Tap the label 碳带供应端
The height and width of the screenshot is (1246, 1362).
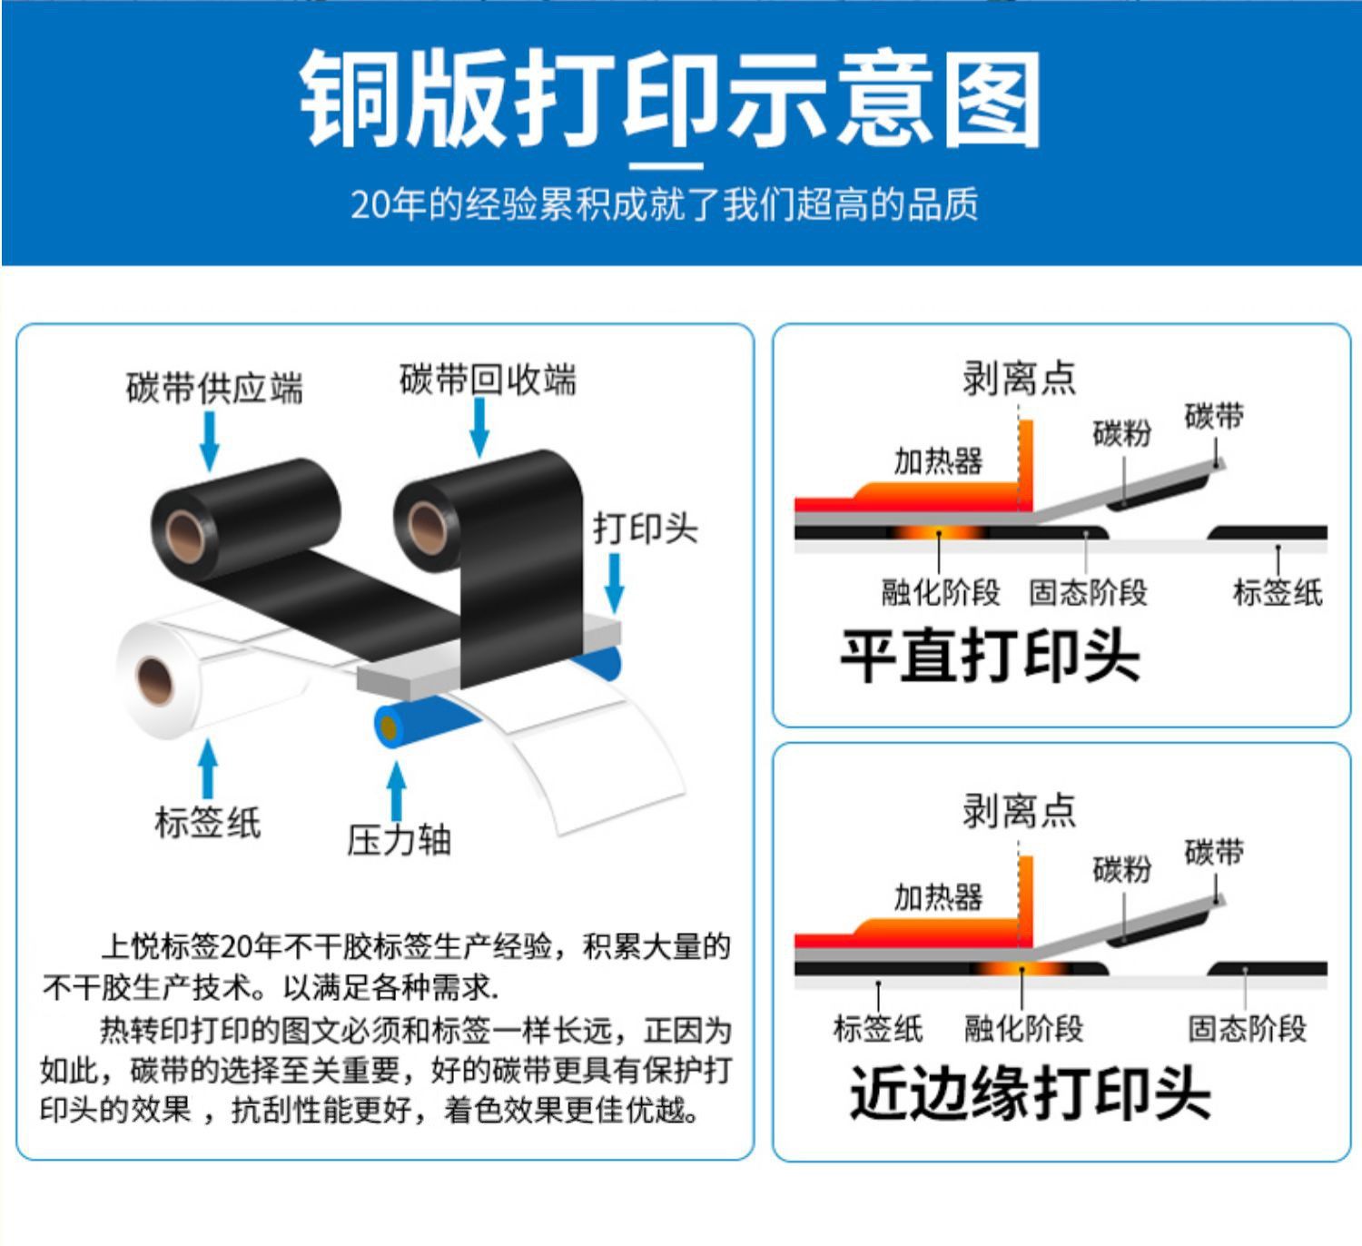click(214, 388)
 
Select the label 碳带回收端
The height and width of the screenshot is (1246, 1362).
click(488, 379)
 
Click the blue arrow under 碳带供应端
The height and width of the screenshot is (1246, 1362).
click(210, 441)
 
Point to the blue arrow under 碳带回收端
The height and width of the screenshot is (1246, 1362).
click(479, 426)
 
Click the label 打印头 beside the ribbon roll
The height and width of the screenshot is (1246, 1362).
click(646, 528)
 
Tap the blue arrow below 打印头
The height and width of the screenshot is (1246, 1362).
click(615, 581)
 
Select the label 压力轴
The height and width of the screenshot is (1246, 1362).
click(399, 839)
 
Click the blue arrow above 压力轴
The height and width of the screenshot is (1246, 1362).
click(396, 791)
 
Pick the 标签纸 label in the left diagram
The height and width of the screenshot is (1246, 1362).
click(208, 822)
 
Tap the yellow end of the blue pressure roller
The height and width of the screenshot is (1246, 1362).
click(390, 727)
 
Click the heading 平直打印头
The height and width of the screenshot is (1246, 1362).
click(989, 655)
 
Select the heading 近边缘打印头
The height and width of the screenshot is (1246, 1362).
click(1030, 1093)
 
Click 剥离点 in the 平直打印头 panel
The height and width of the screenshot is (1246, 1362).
click(1019, 378)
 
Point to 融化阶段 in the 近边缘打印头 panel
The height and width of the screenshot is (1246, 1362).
click(1023, 1029)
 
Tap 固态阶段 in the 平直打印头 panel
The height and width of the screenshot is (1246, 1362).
click(1088, 592)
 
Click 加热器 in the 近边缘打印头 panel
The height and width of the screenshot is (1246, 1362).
click(938, 897)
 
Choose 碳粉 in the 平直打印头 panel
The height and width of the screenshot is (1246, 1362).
click(1122, 433)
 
